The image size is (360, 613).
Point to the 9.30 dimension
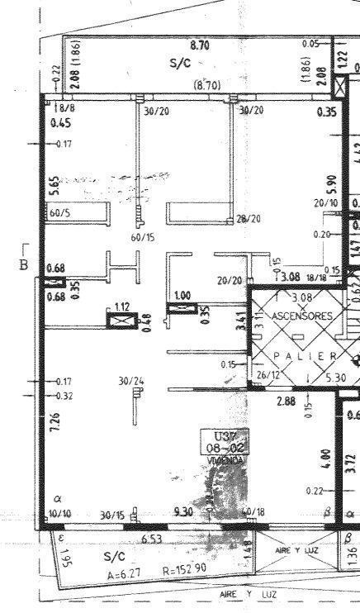[x=183, y=513]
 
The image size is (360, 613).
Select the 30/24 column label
[x=130, y=381]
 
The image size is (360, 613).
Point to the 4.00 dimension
[x=326, y=456]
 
